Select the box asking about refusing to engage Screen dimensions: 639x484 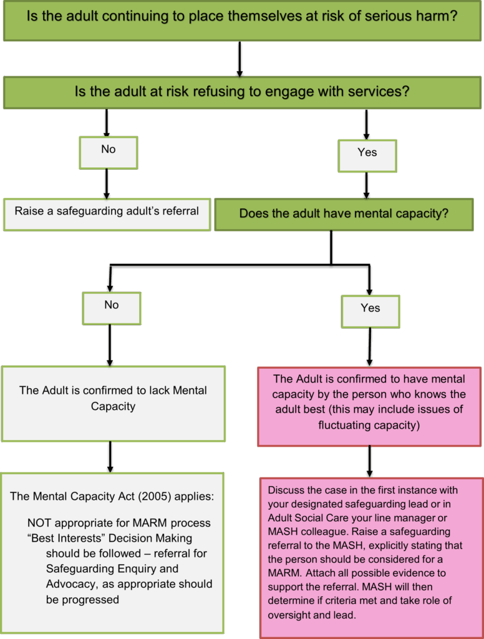point(241,92)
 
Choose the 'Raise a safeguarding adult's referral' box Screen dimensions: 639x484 point(107,212)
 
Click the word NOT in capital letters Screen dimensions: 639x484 point(41,523)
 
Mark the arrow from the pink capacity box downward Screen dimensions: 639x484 point(370,462)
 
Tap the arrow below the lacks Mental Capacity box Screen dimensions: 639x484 point(111,457)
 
